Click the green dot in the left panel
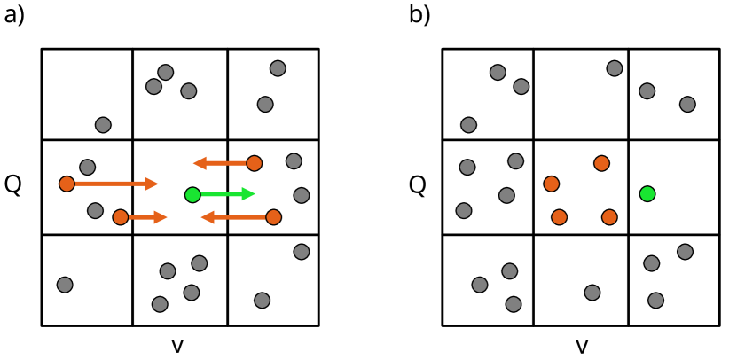coord(192,194)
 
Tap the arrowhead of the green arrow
coord(249,194)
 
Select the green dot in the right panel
coord(647,193)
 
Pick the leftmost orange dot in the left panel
coord(67,184)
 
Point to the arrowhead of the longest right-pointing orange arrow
coord(153,184)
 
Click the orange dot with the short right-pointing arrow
coord(121,217)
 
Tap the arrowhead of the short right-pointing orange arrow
coord(161,217)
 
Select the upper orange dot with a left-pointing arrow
coord(255,163)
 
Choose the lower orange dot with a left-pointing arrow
coord(273,217)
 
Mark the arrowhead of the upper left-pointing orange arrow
coord(200,163)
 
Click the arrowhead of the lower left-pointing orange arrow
coord(207,217)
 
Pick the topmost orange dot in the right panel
coord(601,163)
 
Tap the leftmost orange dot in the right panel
coord(552,184)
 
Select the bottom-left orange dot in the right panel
coord(559,217)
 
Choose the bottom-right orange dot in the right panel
coord(609,217)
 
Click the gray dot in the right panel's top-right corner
coord(687,105)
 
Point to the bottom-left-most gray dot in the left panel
coord(65,285)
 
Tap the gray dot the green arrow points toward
coord(302,195)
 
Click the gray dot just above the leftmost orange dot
coord(87,167)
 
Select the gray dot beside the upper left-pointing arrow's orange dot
coord(294,161)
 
